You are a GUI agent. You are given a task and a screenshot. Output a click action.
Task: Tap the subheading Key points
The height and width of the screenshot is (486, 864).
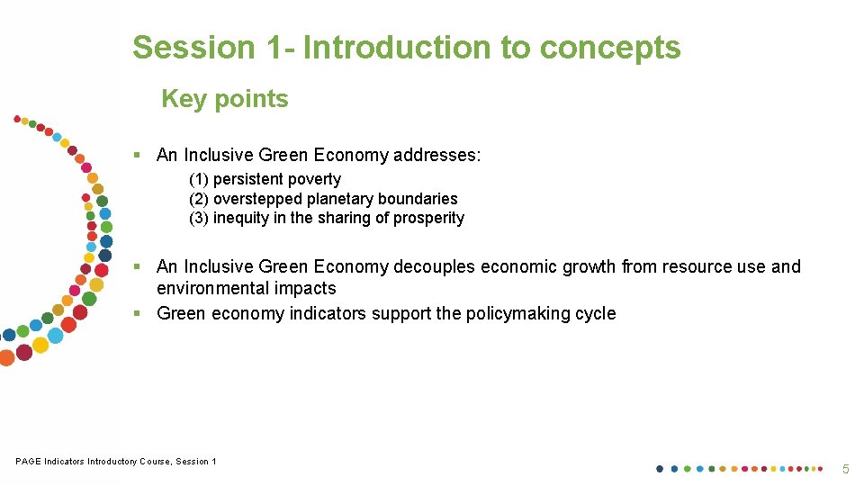pos(225,99)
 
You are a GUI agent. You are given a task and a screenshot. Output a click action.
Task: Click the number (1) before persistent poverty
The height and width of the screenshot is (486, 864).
pos(199,179)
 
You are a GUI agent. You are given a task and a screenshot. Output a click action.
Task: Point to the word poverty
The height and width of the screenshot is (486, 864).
pos(314,179)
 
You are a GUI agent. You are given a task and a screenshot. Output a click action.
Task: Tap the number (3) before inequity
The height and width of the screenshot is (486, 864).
pos(199,218)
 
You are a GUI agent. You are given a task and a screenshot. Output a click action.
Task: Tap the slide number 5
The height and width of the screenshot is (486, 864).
pos(845,469)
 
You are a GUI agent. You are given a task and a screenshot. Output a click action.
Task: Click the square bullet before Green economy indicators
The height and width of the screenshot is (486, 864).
pos(138,313)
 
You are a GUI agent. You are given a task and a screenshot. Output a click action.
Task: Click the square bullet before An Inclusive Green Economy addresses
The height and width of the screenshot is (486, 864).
pos(138,155)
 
